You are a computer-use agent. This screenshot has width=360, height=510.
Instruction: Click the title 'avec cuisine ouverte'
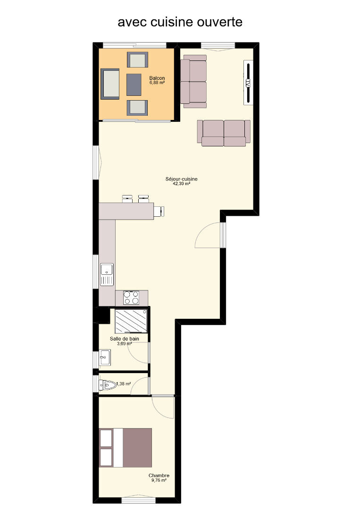point(180,22)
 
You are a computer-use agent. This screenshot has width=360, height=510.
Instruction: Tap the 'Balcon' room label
point(157,78)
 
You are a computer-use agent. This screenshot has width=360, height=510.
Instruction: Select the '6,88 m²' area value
point(157,83)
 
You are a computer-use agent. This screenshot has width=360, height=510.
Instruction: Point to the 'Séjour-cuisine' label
point(181,179)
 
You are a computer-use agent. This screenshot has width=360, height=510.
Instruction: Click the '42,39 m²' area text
point(181,183)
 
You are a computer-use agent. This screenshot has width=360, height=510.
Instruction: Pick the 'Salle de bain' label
point(125,339)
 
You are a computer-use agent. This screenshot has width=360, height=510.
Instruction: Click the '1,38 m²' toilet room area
point(124,384)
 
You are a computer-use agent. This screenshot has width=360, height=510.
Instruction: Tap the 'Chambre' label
point(159,476)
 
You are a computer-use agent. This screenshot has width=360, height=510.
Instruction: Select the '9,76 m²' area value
point(159,480)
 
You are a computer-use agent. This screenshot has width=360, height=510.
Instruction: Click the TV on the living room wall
point(248,83)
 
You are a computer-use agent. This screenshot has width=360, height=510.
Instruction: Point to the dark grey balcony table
point(134,85)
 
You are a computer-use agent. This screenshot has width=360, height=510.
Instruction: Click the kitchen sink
point(107,274)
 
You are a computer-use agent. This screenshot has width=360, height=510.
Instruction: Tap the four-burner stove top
point(131,297)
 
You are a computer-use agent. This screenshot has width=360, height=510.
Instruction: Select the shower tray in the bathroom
point(131,321)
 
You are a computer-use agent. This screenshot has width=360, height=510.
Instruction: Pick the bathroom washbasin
point(105,357)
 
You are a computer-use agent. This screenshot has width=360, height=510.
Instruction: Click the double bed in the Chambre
point(126,448)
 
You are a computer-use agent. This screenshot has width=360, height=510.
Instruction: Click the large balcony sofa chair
point(110,84)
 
